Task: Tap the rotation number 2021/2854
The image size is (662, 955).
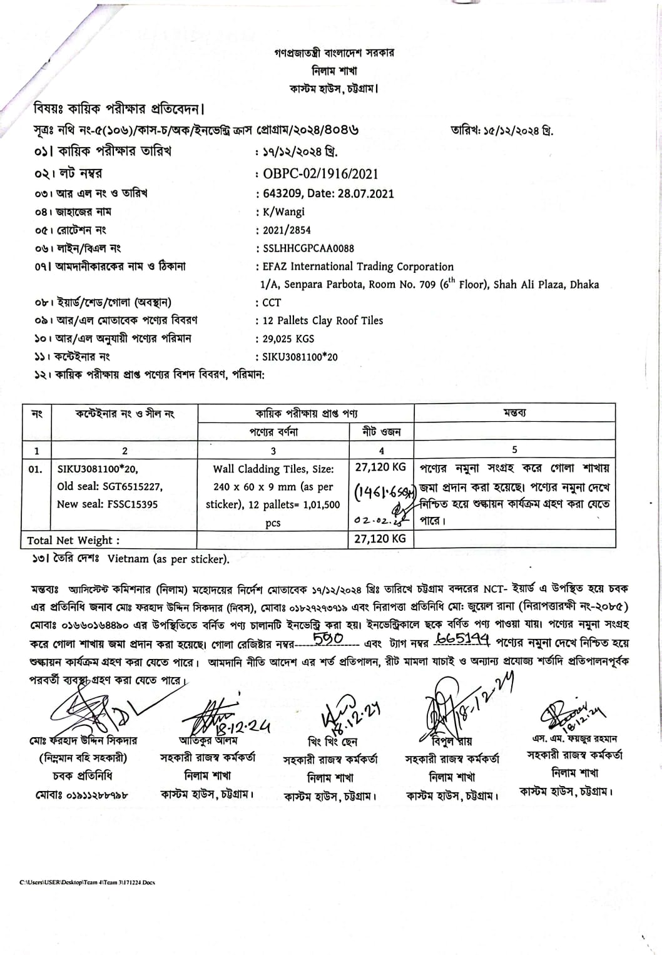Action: coord(287,230)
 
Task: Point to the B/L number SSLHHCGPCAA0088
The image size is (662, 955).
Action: coord(308,248)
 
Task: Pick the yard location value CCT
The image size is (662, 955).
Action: coord(272,302)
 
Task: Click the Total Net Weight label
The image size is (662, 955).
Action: coord(73,540)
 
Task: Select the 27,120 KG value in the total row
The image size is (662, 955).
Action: coord(380,538)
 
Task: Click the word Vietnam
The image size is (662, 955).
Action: coord(128,559)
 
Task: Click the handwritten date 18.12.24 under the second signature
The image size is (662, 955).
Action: coord(243,726)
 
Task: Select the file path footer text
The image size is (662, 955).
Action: coord(87,882)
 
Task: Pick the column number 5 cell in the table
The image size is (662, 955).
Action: coord(514,449)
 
